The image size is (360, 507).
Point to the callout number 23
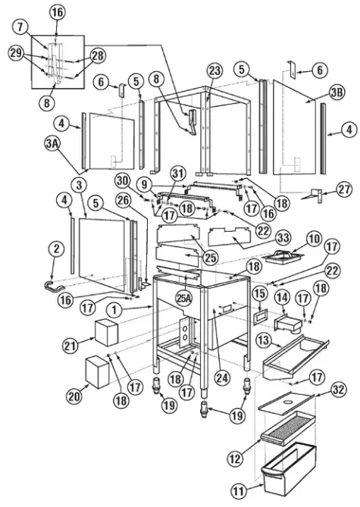(x=215, y=70)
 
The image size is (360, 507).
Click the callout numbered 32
(x=340, y=391)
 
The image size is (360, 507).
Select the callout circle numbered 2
(x=55, y=247)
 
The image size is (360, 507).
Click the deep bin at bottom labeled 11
(x=286, y=475)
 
